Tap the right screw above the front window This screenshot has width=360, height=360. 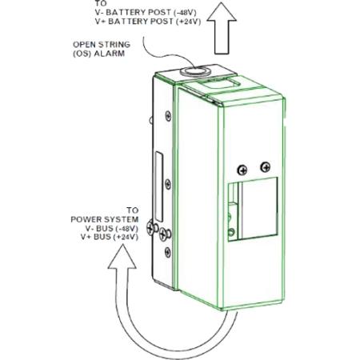click(263, 166)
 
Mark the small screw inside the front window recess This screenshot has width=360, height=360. click(232, 233)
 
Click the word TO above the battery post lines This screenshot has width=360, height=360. click(100, 3)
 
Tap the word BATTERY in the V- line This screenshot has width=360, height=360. click(123, 11)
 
